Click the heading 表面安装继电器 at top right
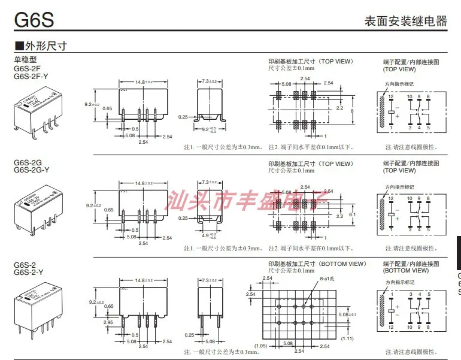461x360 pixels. tap(405, 21)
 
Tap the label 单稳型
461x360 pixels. tap(25, 60)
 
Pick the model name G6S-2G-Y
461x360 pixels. tap(32, 170)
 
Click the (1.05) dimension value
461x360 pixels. tap(261, 345)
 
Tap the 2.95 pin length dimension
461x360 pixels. tap(108, 322)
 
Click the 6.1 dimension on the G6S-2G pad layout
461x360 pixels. tap(353, 214)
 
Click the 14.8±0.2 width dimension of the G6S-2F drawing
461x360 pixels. tap(143, 81)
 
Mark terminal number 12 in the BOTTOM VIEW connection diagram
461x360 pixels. tap(390, 328)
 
